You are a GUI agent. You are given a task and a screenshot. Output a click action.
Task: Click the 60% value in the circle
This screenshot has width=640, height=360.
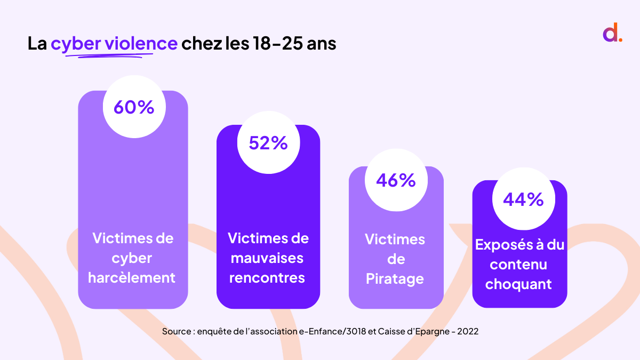coord(133,107)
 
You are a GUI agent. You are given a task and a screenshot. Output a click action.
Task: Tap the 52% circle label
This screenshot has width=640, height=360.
coord(268,143)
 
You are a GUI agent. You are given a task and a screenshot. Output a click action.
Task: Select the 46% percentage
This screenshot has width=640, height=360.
coord(396,180)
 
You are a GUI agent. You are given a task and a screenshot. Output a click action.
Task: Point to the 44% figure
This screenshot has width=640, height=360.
coord(523,199)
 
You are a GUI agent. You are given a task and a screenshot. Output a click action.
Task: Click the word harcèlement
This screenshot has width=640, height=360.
coord(132,278)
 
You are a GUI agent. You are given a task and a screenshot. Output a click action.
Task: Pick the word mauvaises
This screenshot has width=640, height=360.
coord(268,258)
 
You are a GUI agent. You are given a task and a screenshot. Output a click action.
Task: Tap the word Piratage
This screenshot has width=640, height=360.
coord(395,279)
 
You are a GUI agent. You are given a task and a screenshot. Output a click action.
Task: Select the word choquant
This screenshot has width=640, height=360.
coord(518,284)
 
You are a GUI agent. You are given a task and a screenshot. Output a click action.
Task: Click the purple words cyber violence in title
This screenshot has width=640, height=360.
coord(114,43)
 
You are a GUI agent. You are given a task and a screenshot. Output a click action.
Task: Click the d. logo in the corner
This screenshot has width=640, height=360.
coord(612,33)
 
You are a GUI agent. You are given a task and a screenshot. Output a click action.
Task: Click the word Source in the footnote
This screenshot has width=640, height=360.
coord(177,331)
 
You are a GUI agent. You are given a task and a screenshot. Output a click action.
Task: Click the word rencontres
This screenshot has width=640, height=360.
coord(268,278)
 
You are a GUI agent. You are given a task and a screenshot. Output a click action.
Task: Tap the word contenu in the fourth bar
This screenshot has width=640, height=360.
coord(518,264)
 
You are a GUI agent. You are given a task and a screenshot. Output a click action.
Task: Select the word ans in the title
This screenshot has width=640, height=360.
coord(322,44)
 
